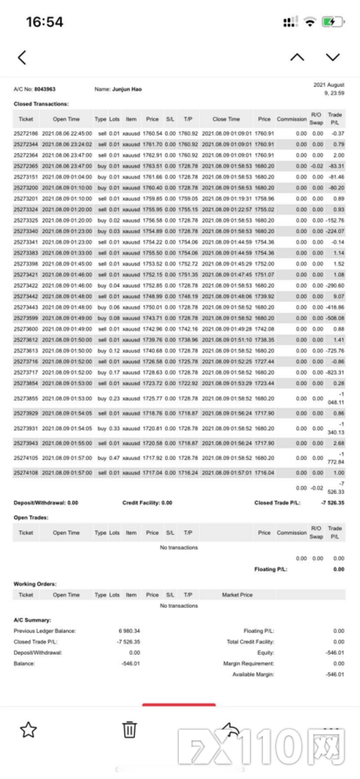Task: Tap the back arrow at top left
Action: [x=22, y=57]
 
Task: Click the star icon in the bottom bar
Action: [x=28, y=729]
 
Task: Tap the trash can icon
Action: [x=129, y=729]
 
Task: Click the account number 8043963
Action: [x=45, y=89]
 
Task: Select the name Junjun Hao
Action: [x=127, y=89]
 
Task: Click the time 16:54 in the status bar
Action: [x=44, y=22]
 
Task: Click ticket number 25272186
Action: [x=26, y=133]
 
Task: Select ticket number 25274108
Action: [x=26, y=473]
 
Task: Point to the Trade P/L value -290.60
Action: [x=335, y=286]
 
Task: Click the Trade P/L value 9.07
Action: [x=339, y=296]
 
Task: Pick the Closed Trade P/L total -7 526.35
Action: [x=332, y=503]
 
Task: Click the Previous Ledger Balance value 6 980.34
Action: [x=129, y=631]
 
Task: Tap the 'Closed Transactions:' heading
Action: [x=41, y=104]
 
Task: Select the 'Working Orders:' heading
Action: [x=35, y=584]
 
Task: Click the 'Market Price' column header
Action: [x=237, y=595]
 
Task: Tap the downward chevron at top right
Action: [x=333, y=57]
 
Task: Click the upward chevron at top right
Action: [x=297, y=57]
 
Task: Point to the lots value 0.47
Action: [x=114, y=458]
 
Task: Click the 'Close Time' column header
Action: [x=226, y=119]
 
